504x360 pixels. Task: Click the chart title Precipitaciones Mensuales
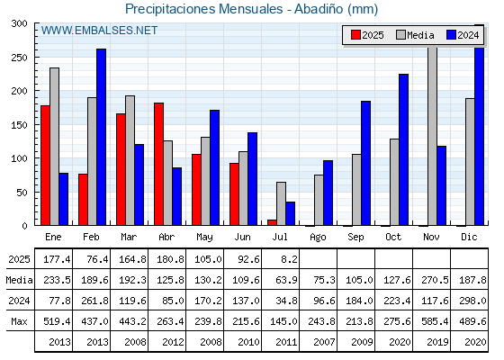pyautogui.click(x=203, y=9)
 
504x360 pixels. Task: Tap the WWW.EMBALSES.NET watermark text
pyautogui.click(x=99, y=31)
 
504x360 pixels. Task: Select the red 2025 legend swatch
pyautogui.click(x=355, y=35)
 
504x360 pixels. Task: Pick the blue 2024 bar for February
pyautogui.click(x=101, y=137)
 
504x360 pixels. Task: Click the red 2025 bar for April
pyautogui.click(x=158, y=164)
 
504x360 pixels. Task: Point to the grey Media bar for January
pyautogui.click(x=54, y=147)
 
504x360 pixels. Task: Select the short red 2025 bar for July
pyautogui.click(x=272, y=222)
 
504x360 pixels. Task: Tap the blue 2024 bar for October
pyautogui.click(x=404, y=149)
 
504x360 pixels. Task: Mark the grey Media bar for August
pyautogui.click(x=319, y=200)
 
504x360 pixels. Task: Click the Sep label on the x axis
pyautogui.click(x=355, y=238)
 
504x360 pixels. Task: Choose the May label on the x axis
pyautogui.click(x=204, y=238)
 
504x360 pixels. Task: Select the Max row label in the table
pyautogui.click(x=19, y=321)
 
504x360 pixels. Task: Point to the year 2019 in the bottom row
pyautogui.click(x=437, y=342)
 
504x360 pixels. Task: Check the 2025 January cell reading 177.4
pyautogui.click(x=57, y=259)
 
